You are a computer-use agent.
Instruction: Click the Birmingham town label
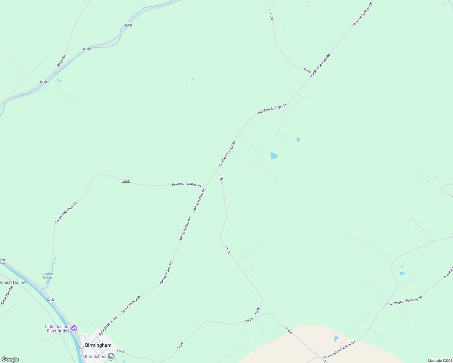point(98,345)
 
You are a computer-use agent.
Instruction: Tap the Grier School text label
point(95,356)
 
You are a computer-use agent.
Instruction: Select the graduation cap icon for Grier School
point(111,356)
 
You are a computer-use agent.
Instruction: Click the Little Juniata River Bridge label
point(58,329)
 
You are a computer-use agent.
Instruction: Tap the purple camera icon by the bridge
point(74,328)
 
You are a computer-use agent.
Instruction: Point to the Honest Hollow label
point(13,282)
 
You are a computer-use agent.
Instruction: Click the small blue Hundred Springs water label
point(47,276)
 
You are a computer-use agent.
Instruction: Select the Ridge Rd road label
point(61,61)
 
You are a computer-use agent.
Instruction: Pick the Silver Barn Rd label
point(7,295)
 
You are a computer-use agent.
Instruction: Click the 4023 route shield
point(126,181)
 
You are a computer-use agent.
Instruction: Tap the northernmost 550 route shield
point(128,25)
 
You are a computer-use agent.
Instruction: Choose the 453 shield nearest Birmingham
point(81,348)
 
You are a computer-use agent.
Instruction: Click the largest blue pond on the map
point(274,156)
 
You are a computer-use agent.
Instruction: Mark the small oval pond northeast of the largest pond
point(298,139)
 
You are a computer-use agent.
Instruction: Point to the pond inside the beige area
point(336,338)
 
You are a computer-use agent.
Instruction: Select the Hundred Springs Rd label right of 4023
point(187,184)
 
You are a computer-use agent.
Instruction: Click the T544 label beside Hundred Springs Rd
point(307,70)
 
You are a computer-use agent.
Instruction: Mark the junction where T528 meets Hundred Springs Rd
point(216,172)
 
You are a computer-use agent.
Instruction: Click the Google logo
point(10,359)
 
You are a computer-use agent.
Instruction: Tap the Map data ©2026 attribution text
point(440,361)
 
